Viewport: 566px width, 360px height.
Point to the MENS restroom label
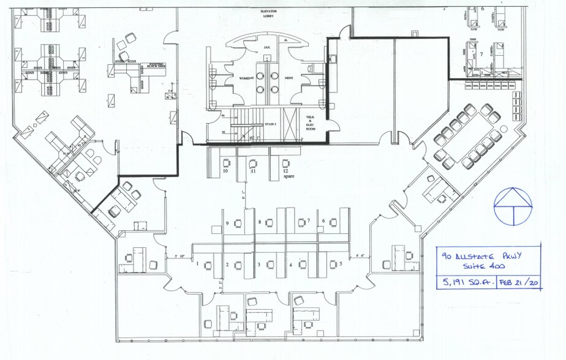click(x=288, y=78)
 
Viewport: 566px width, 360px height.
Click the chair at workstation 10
click(x=227, y=163)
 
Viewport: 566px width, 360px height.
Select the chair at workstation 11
click(x=254, y=163)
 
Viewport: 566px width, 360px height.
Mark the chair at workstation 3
click(x=269, y=264)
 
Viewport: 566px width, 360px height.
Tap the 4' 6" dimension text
click(x=360, y=255)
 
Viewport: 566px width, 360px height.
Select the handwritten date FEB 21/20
click(x=518, y=283)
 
